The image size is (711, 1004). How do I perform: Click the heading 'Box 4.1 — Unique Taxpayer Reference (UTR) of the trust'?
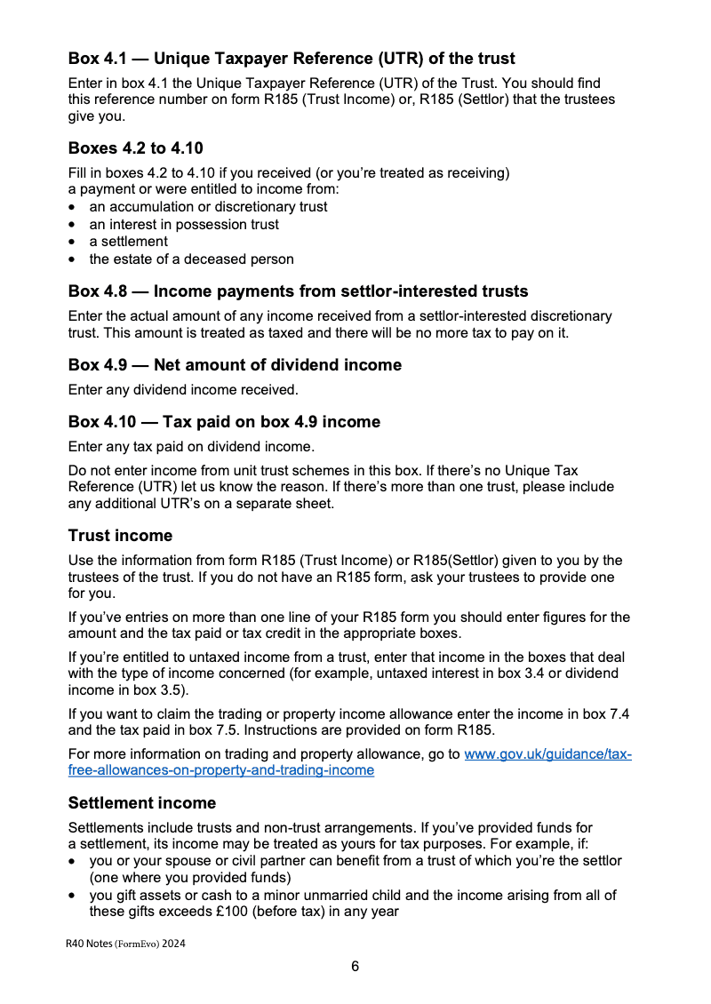(292, 59)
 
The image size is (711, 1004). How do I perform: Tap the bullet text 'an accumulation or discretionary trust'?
(208, 207)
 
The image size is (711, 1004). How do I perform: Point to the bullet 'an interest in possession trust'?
(184, 225)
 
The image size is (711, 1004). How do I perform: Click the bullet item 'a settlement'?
(128, 242)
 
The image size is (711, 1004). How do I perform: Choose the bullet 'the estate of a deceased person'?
(191, 259)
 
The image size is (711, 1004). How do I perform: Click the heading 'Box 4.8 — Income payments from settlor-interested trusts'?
(298, 291)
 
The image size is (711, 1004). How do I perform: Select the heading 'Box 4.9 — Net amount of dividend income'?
(235, 365)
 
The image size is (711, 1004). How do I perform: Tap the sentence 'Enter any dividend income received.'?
(183, 389)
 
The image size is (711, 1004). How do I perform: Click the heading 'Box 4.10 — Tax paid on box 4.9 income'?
(224, 422)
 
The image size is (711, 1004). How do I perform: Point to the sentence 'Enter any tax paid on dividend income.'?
(191, 446)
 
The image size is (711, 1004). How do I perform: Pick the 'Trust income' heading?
(120, 536)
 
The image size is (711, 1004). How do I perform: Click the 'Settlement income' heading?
(142, 803)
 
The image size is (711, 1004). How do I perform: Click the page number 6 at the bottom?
(355, 967)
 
